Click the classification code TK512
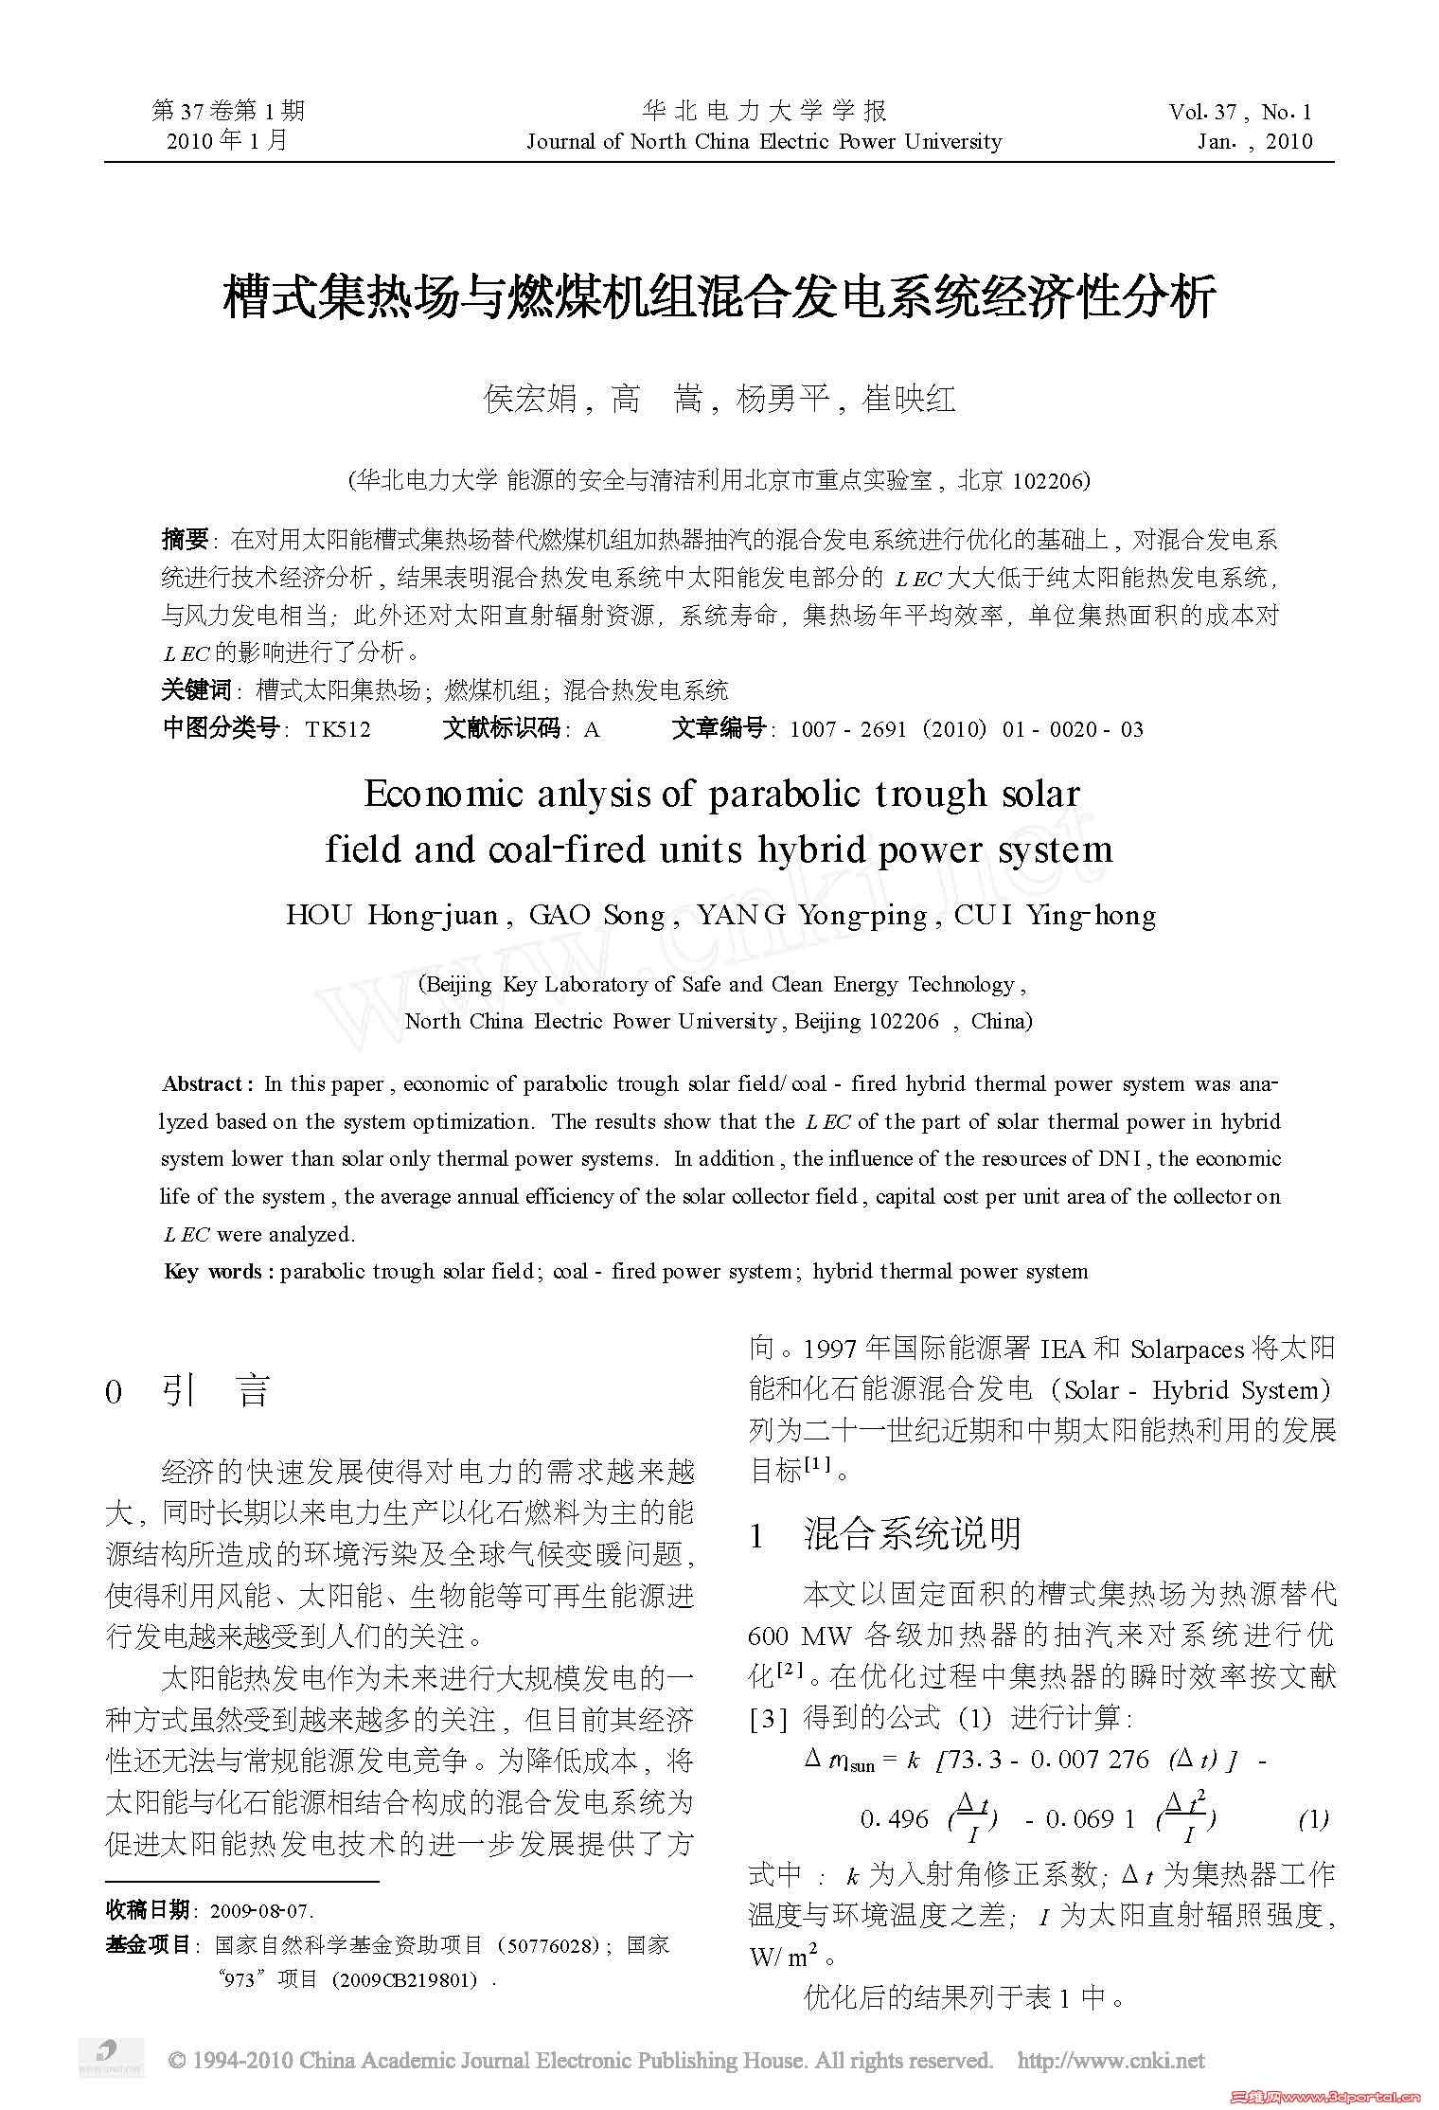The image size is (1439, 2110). coord(338,729)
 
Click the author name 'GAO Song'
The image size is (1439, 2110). coord(595,915)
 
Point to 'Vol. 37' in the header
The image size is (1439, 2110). coord(1202,113)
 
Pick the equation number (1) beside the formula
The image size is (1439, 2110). coord(1313,1818)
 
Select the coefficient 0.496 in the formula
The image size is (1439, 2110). coord(894,1818)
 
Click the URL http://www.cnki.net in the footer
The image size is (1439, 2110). coord(1110,2060)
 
